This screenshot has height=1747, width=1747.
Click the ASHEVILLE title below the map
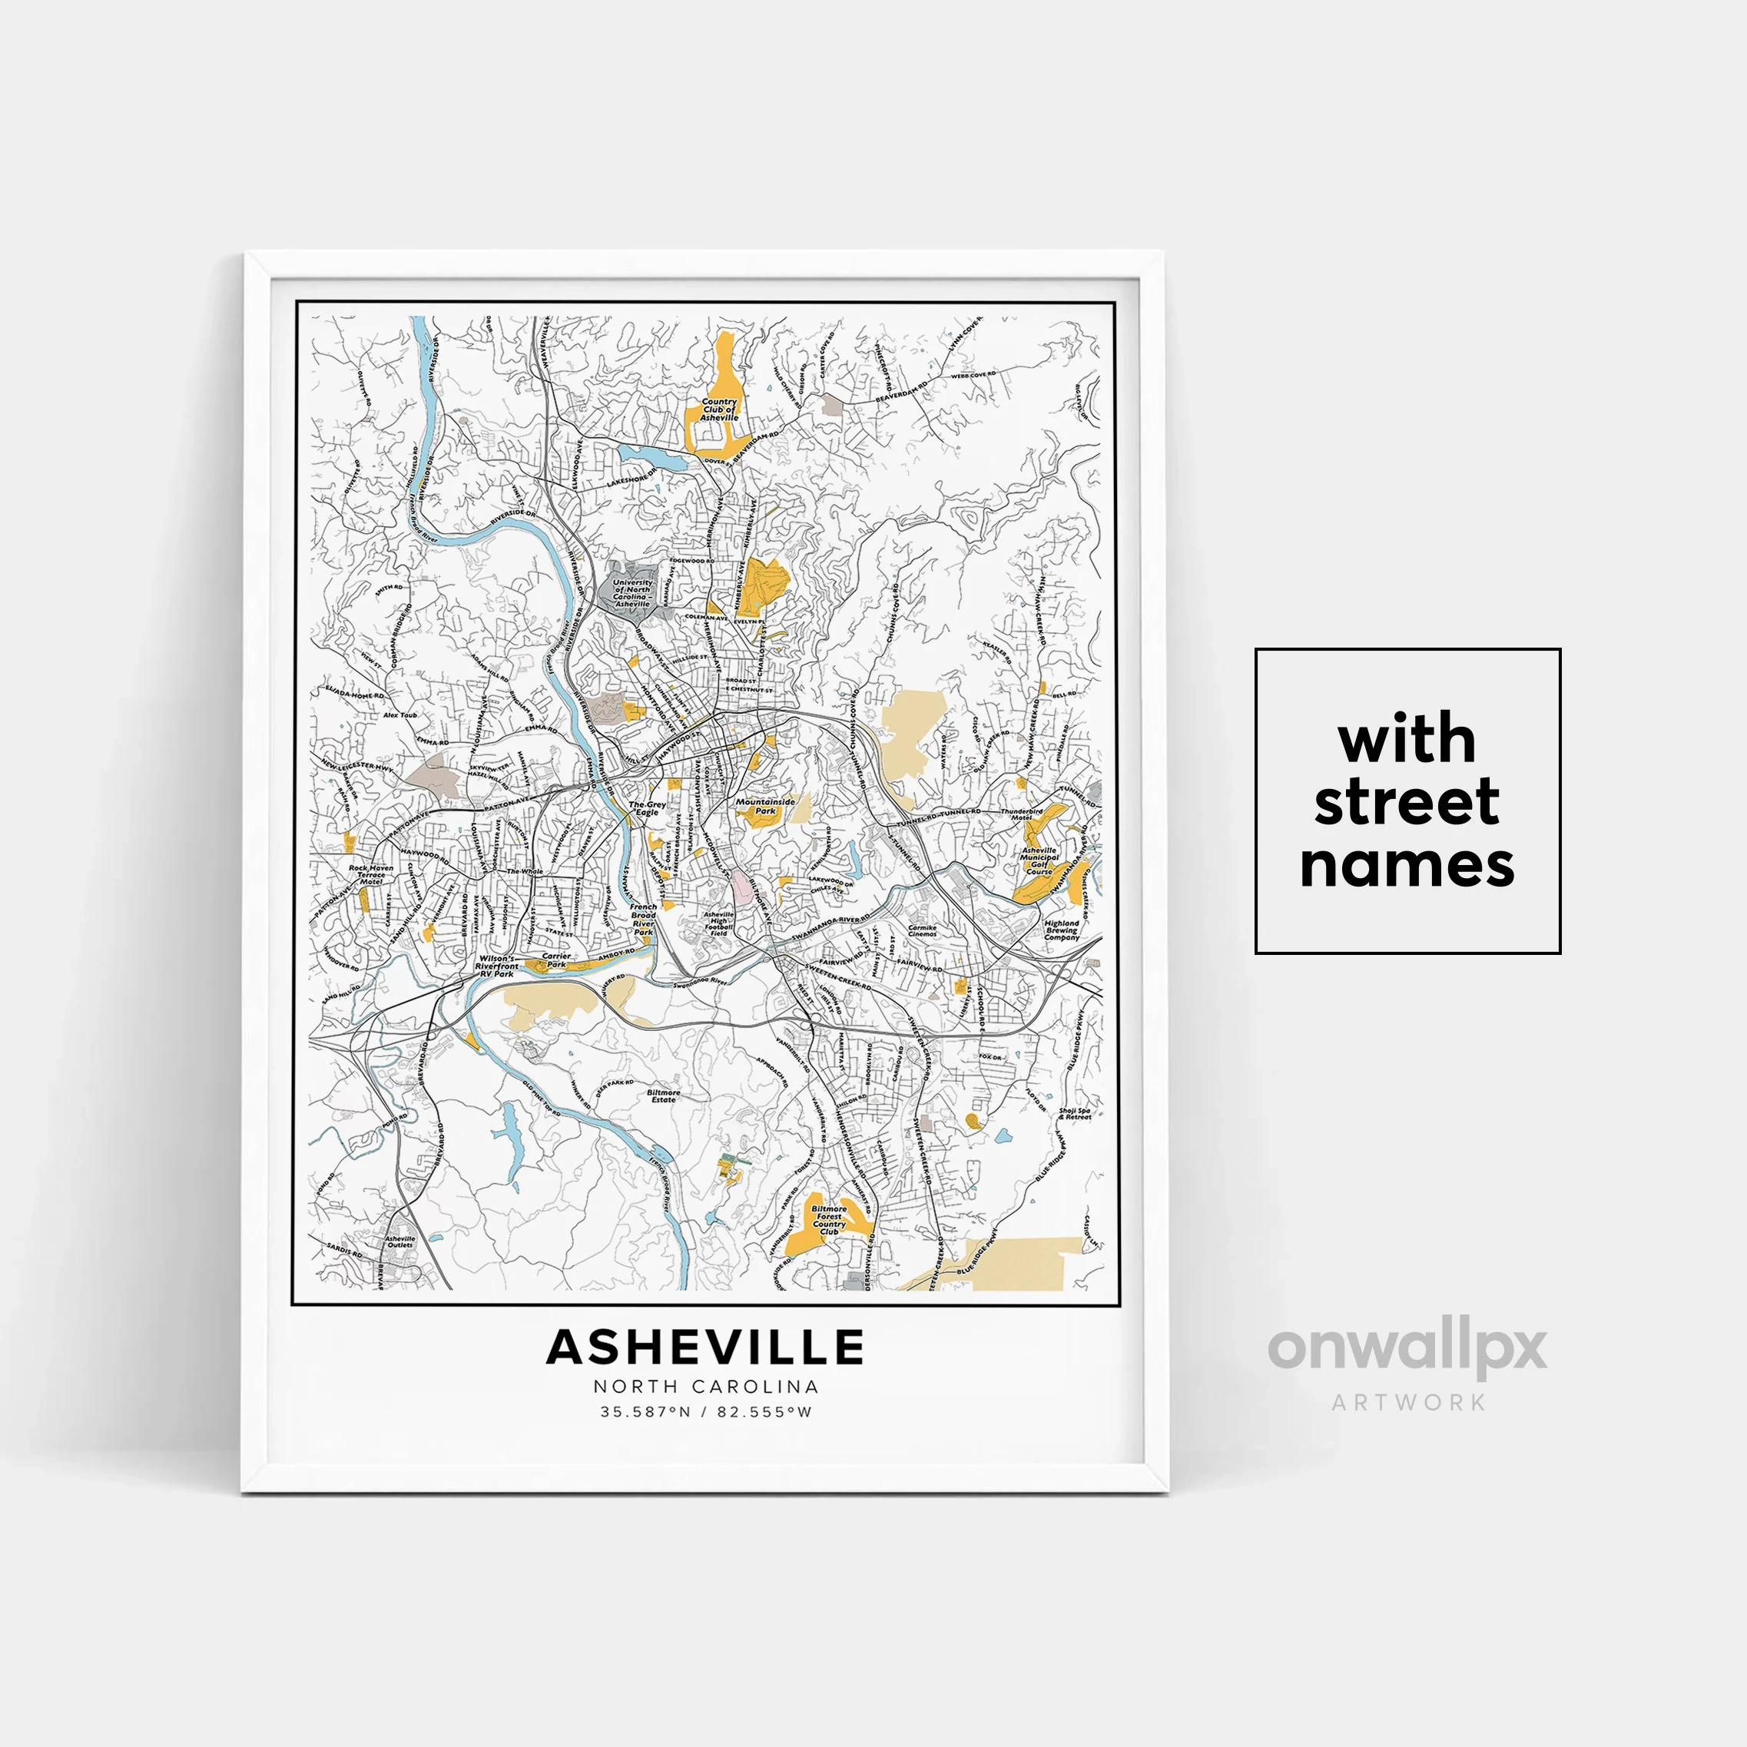[705, 1347]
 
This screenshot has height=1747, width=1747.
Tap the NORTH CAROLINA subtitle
[705, 1386]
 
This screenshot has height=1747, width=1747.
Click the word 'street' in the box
[1406, 802]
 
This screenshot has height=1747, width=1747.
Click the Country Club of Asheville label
[719, 409]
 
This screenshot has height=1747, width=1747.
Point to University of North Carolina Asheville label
[632, 593]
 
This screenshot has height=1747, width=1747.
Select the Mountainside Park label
[765, 806]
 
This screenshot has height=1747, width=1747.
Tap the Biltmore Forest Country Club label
[828, 1220]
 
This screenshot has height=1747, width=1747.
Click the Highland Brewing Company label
[1062, 930]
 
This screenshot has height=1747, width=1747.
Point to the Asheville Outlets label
[399, 1241]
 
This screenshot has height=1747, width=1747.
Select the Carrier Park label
[556, 960]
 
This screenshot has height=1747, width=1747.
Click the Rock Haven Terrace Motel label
[371, 874]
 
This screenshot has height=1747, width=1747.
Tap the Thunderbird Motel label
[1022, 814]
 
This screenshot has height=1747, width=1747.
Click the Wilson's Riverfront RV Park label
[496, 966]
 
